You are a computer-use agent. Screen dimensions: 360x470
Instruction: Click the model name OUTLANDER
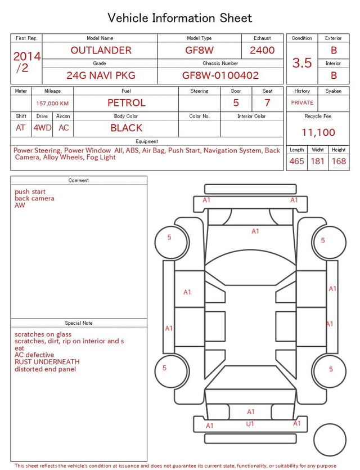click(x=101, y=50)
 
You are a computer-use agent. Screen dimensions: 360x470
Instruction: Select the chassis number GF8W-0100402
click(x=220, y=75)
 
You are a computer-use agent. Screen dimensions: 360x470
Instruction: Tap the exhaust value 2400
click(x=262, y=50)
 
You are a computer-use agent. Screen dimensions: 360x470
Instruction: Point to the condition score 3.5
click(x=302, y=63)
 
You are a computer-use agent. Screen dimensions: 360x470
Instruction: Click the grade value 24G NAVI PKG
click(x=101, y=75)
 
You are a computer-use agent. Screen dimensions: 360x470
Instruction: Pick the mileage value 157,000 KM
click(x=52, y=104)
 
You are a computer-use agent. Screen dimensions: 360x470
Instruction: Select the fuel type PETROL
click(x=127, y=103)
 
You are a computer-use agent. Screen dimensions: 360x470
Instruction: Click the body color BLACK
click(x=127, y=128)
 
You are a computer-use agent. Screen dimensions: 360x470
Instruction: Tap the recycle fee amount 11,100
click(x=318, y=132)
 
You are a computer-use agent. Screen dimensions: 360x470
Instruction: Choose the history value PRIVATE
click(x=302, y=102)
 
